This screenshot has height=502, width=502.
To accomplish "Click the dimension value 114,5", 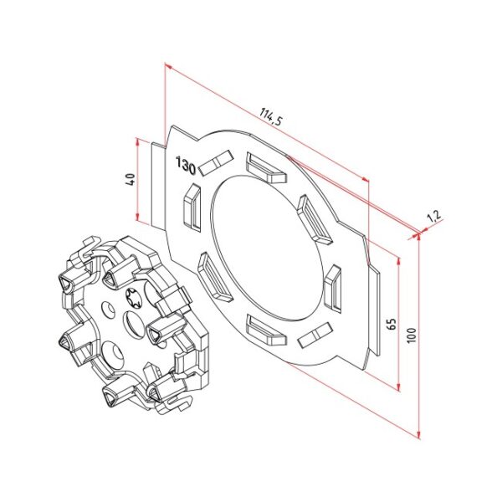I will pyautogui.click(x=271, y=116).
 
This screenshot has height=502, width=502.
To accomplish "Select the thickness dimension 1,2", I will pyautogui.click(x=433, y=218).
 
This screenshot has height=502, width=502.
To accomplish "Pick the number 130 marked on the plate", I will pyautogui.click(x=186, y=166).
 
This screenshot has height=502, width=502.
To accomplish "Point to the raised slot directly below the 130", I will pyautogui.click(x=191, y=207).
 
